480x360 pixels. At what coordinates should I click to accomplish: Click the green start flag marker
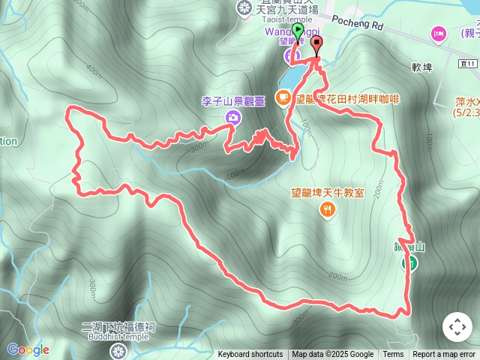pyautogui.click(x=298, y=31)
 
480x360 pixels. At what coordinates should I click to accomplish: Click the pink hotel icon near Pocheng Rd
pyautogui.click(x=437, y=33)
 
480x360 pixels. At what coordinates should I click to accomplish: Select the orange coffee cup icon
pyautogui.click(x=283, y=96)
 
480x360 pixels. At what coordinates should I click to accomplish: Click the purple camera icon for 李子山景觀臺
pyautogui.click(x=233, y=116)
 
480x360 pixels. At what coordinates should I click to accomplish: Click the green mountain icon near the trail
pyautogui.click(x=410, y=262)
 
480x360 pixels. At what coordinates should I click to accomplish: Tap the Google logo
pyautogui.click(x=28, y=349)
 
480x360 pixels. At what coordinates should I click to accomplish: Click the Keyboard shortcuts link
pyautogui.click(x=250, y=355)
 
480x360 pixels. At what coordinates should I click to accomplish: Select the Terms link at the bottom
pyautogui.click(x=393, y=355)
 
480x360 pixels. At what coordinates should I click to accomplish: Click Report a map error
pyautogui.click(x=444, y=355)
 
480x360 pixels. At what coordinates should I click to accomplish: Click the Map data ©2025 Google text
pyautogui.click(x=333, y=355)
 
